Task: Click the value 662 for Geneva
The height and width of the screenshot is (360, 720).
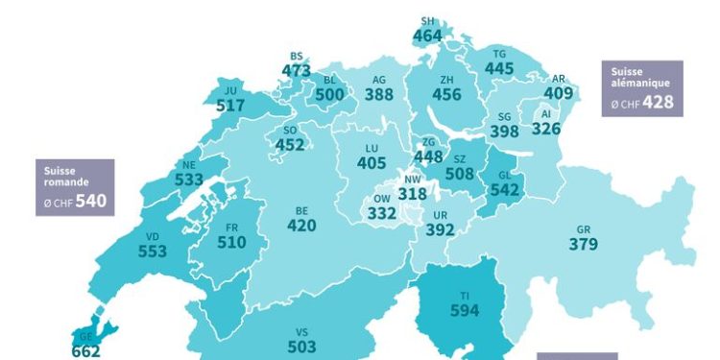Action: (x=85, y=351)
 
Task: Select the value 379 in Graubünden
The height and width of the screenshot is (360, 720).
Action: (x=583, y=245)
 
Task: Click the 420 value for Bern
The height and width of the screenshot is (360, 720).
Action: (x=301, y=226)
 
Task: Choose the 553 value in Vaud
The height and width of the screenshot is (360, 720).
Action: (x=152, y=251)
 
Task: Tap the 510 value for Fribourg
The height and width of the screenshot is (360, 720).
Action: (x=230, y=243)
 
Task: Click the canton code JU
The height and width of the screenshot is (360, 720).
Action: (x=230, y=91)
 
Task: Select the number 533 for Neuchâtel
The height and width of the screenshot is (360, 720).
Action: (x=189, y=179)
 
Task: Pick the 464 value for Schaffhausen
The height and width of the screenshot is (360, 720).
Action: (x=427, y=36)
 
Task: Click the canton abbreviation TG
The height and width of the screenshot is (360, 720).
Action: (x=498, y=54)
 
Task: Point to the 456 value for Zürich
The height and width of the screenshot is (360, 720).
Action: (x=446, y=95)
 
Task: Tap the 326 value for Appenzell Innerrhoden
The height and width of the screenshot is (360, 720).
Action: (x=545, y=128)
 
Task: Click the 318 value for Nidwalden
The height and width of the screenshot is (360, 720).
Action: (x=412, y=193)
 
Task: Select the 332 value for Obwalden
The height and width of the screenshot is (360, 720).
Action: (x=381, y=213)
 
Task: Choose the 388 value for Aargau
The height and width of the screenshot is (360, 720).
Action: (x=379, y=95)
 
